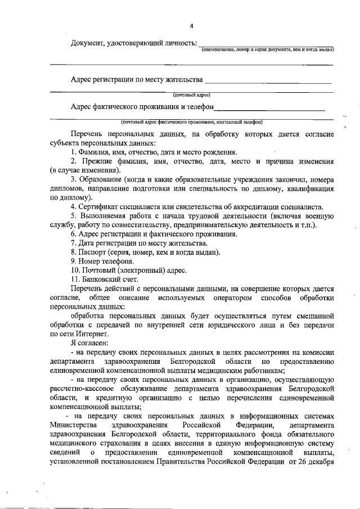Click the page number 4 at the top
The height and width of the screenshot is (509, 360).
[191, 25]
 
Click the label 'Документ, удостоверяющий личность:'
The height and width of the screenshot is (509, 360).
[134, 43]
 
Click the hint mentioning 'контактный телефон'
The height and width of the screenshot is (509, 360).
[191, 121]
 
